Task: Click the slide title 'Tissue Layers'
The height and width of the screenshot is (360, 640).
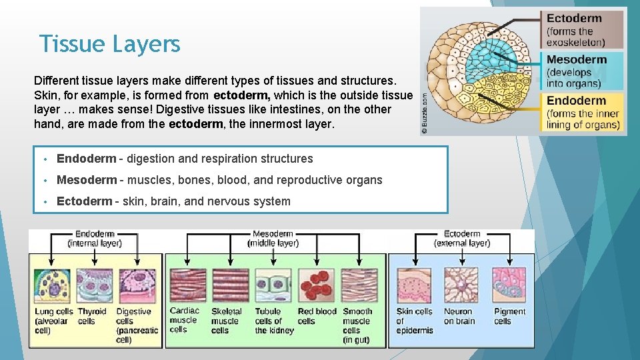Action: pyautogui.click(x=109, y=44)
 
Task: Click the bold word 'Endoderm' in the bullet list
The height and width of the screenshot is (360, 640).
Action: pyautogui.click(x=86, y=159)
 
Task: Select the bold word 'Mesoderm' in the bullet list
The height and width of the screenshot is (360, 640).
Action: pyautogui.click(x=87, y=180)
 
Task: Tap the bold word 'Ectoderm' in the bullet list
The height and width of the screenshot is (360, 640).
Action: pyautogui.click(x=85, y=201)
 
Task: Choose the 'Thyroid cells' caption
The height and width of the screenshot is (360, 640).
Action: pyautogui.click(x=92, y=316)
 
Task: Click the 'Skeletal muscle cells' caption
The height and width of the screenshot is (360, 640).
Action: pyautogui.click(x=227, y=321)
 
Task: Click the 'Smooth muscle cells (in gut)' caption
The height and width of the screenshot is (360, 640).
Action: pyautogui.click(x=357, y=325)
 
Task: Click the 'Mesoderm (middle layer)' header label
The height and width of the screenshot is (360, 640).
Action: pyautogui.click(x=273, y=239)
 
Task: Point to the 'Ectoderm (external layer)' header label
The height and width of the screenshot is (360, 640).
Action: pyautogui.click(x=462, y=239)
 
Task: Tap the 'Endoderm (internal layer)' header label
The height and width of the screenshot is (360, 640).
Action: pyautogui.click(x=95, y=239)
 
